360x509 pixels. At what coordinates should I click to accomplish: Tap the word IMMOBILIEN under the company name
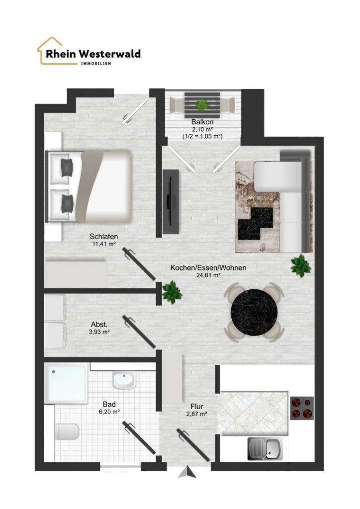[96, 64]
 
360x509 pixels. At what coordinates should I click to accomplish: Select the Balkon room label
[202, 122]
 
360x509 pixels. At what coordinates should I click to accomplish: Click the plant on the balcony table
[203, 104]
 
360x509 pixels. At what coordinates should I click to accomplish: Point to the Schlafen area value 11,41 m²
[104, 244]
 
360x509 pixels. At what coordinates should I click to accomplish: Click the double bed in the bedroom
[89, 186]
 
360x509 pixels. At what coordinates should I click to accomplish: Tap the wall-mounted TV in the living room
[171, 201]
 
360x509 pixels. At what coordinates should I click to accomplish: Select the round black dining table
[255, 312]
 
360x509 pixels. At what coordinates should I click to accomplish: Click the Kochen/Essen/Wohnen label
[208, 268]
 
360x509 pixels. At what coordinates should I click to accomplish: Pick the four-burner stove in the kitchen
[302, 408]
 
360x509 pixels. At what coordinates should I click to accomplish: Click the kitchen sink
[265, 449]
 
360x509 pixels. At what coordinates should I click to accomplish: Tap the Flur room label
[197, 407]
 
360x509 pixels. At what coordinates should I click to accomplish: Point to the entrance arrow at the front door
[187, 472]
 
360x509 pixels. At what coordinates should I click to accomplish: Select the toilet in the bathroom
[67, 432]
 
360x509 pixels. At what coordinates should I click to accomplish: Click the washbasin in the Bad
[124, 380]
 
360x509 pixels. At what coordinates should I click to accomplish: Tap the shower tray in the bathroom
[66, 383]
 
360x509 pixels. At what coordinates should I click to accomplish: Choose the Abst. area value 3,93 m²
[99, 332]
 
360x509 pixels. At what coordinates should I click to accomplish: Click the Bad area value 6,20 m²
[109, 412]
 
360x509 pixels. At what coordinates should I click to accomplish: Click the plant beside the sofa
[301, 265]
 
